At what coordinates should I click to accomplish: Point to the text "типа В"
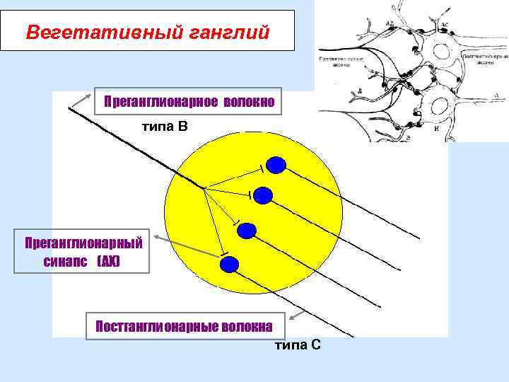pos(165,127)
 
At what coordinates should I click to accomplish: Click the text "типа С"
pos(298,345)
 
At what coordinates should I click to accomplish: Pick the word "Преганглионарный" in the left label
pos(83,243)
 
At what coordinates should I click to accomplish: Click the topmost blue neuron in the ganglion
pos(276,166)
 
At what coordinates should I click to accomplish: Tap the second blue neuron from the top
pos(262,195)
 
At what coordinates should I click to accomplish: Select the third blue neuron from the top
pos(247,230)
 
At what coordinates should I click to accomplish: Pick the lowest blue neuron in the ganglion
pos(229,265)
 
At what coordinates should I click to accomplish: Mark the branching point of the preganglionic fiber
pos(204,188)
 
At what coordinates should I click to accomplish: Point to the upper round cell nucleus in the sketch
pos(444,54)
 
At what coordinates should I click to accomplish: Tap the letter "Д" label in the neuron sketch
pos(360,91)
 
